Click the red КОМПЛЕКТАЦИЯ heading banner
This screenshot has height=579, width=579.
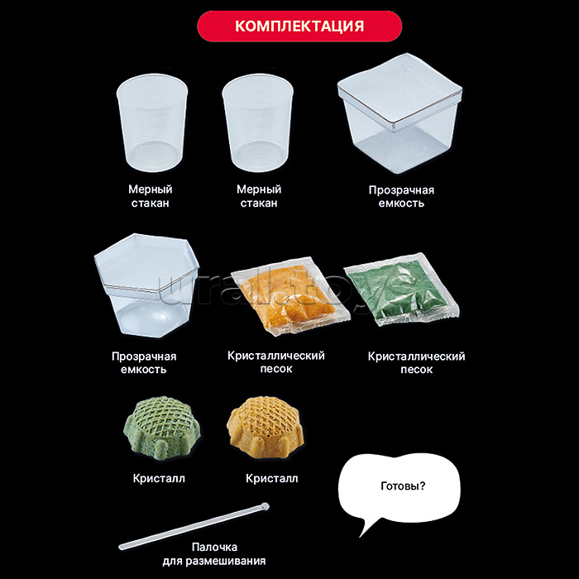pyautogui.click(x=299, y=26)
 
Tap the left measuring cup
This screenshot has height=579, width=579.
pyautogui.click(x=152, y=123)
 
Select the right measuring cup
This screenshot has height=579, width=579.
pyautogui.click(x=258, y=123)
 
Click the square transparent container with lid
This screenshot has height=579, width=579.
pyautogui.click(x=400, y=113)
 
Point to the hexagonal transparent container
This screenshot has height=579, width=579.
pyautogui.click(x=146, y=285)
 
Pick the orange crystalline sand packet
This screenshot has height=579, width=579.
pyautogui.click(x=290, y=296)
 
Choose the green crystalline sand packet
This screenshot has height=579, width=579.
pyautogui.click(x=402, y=289)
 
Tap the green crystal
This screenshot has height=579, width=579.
pyautogui.click(x=162, y=428)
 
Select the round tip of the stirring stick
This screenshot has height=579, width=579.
pyautogui.click(x=265, y=506)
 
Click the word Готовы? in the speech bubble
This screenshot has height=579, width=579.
pyautogui.click(x=403, y=486)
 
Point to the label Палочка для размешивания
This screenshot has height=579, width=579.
pyautogui.click(x=214, y=554)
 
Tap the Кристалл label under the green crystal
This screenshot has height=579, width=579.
pyautogui.click(x=159, y=479)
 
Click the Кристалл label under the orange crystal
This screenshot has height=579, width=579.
pyautogui.click(x=272, y=479)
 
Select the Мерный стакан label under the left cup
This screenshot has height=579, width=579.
pyautogui.click(x=151, y=196)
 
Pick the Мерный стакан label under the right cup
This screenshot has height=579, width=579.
pyautogui.click(x=259, y=196)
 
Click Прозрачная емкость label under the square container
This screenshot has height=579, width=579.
pyautogui.click(x=401, y=197)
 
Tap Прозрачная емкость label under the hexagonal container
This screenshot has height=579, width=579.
pyautogui.click(x=144, y=362)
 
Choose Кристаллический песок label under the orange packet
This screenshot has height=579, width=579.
pyautogui.click(x=276, y=362)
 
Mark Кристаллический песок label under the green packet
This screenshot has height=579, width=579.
pyautogui.click(x=417, y=362)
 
